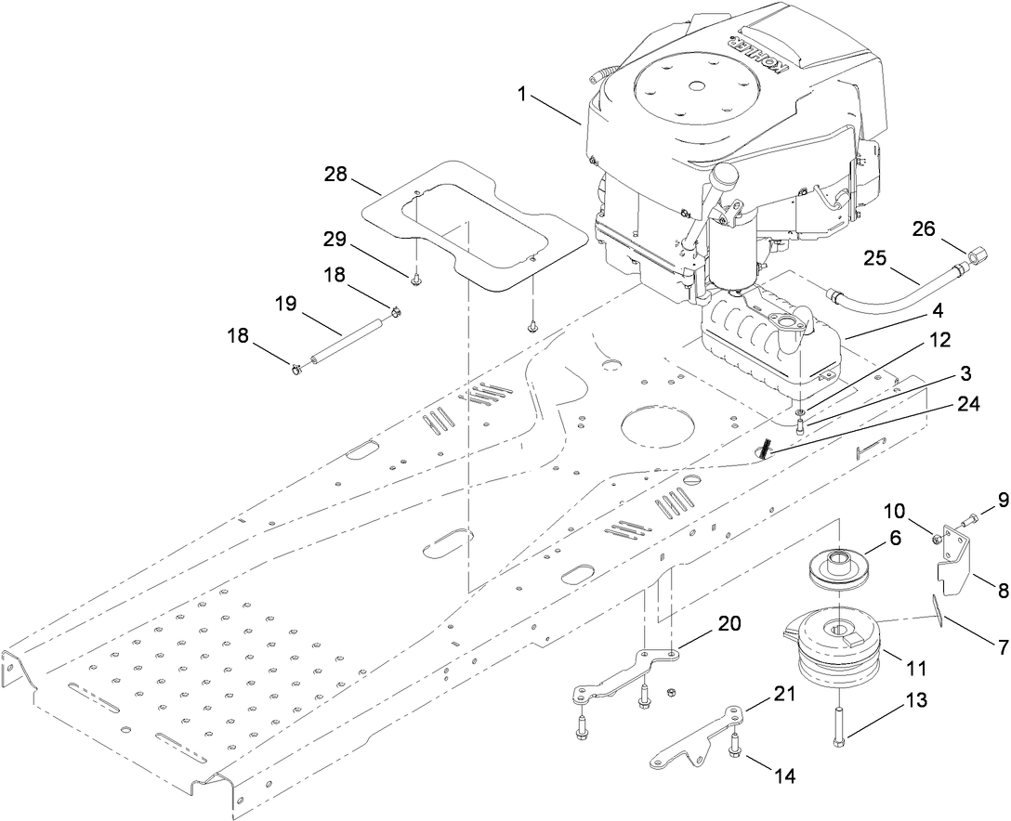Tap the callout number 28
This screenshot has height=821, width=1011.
tap(336, 174)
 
